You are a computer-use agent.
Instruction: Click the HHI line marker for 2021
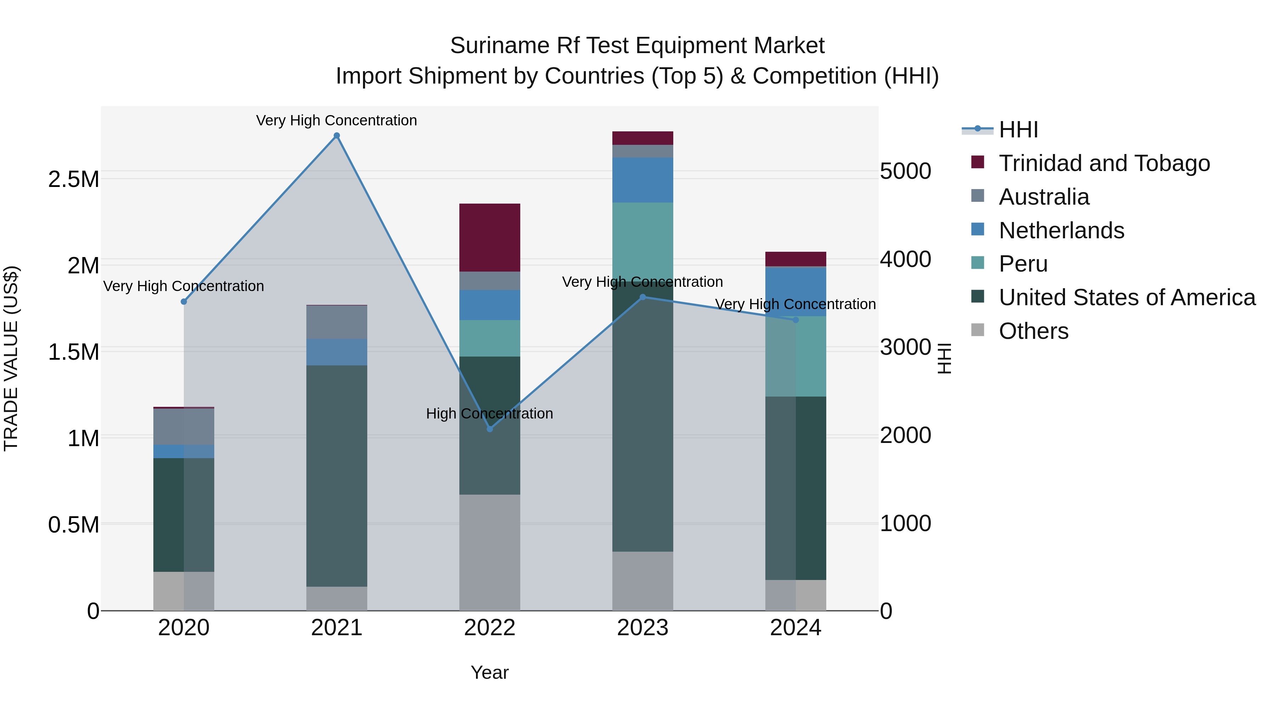point(336,136)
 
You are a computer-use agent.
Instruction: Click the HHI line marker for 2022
point(489,429)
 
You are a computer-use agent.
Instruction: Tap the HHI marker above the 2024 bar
point(795,320)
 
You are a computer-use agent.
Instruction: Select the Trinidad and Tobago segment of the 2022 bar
point(489,238)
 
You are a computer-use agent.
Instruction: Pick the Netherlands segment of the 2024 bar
point(795,291)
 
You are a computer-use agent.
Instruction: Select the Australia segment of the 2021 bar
point(336,322)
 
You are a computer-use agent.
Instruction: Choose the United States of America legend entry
point(1127,297)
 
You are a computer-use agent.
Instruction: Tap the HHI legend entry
point(1018,130)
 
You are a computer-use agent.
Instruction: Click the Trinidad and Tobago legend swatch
point(977,162)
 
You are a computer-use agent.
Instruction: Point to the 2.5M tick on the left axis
point(73,179)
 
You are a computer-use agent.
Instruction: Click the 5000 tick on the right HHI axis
point(905,171)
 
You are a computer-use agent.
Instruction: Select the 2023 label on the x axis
point(642,628)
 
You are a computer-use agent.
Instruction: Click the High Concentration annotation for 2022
point(489,414)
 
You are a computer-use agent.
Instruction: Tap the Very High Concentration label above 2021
point(336,120)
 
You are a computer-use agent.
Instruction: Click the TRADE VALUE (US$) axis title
point(11,358)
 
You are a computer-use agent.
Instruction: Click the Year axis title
point(489,672)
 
